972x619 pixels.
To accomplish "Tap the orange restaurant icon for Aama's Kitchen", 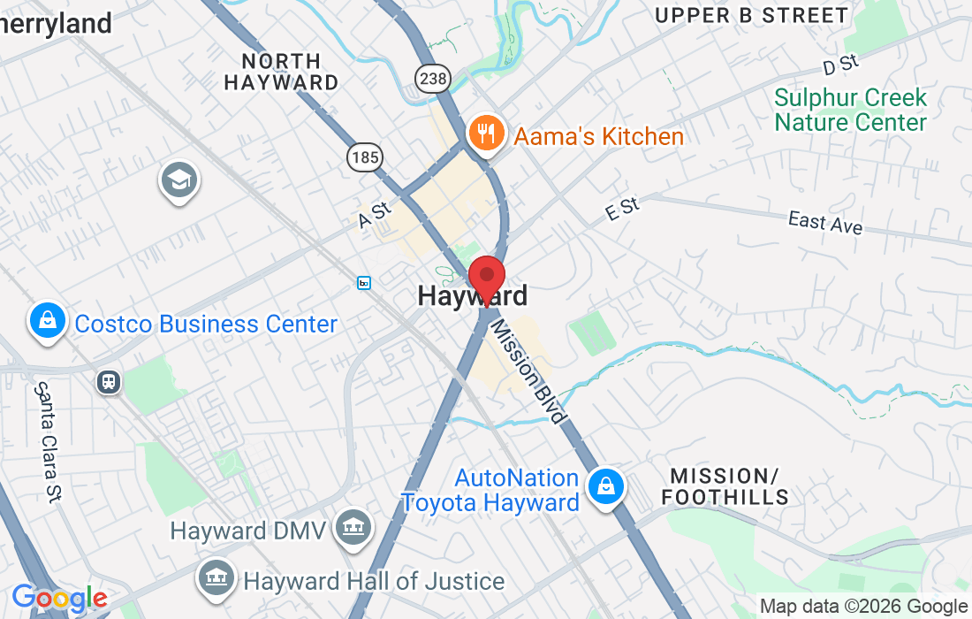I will coord(485,134).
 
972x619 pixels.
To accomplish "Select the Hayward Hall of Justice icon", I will coord(216,578).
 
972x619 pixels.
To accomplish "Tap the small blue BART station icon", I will coord(364,283).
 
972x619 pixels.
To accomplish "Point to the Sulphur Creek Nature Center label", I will coord(851,110).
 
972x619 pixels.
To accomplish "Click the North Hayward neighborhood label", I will coord(281,73).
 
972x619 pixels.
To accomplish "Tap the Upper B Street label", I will coord(752,15).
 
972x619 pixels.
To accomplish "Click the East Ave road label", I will coord(825,222).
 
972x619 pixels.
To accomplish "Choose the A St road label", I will coord(375,216).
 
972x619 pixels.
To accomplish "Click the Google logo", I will coord(58,600).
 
